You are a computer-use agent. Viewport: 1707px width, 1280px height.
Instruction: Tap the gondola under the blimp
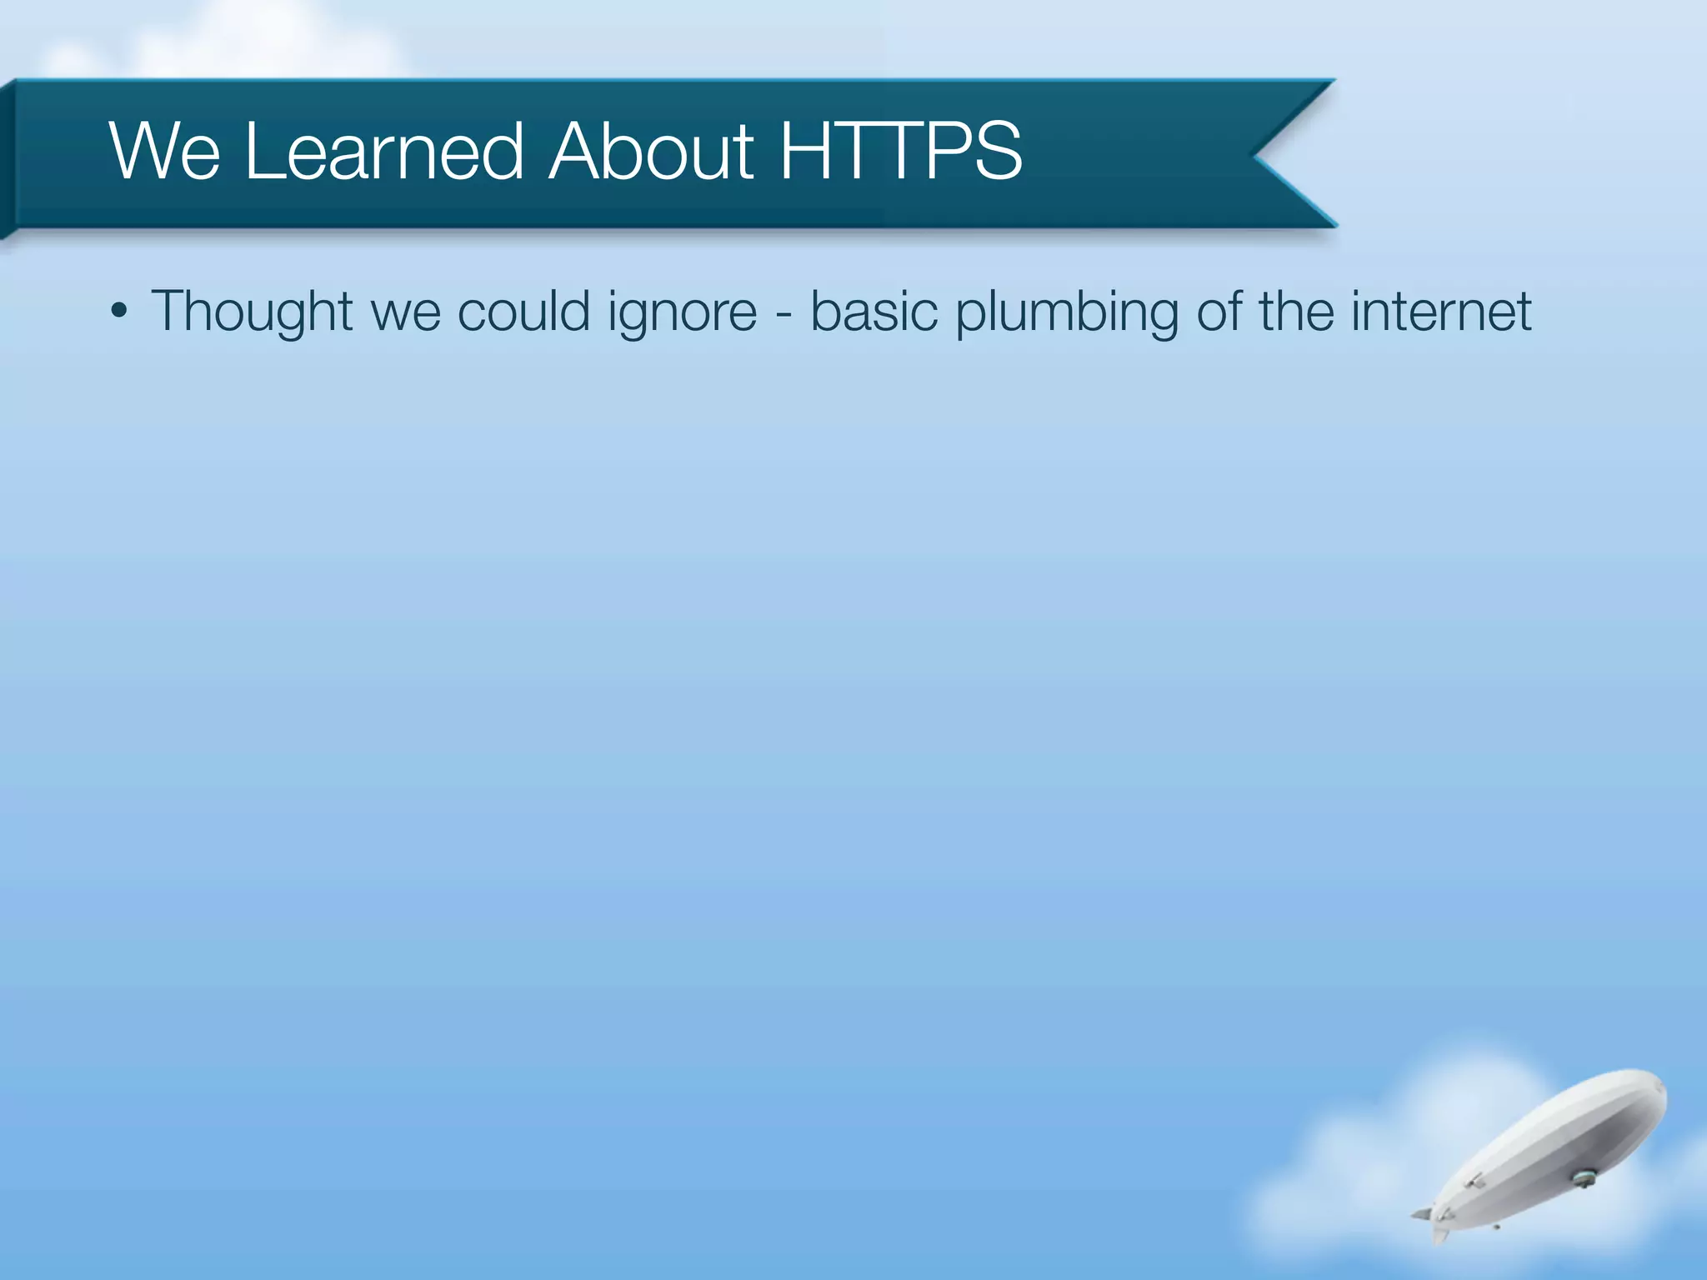point(1582,1177)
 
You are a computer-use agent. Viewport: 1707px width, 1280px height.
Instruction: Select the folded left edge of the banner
point(8,158)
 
